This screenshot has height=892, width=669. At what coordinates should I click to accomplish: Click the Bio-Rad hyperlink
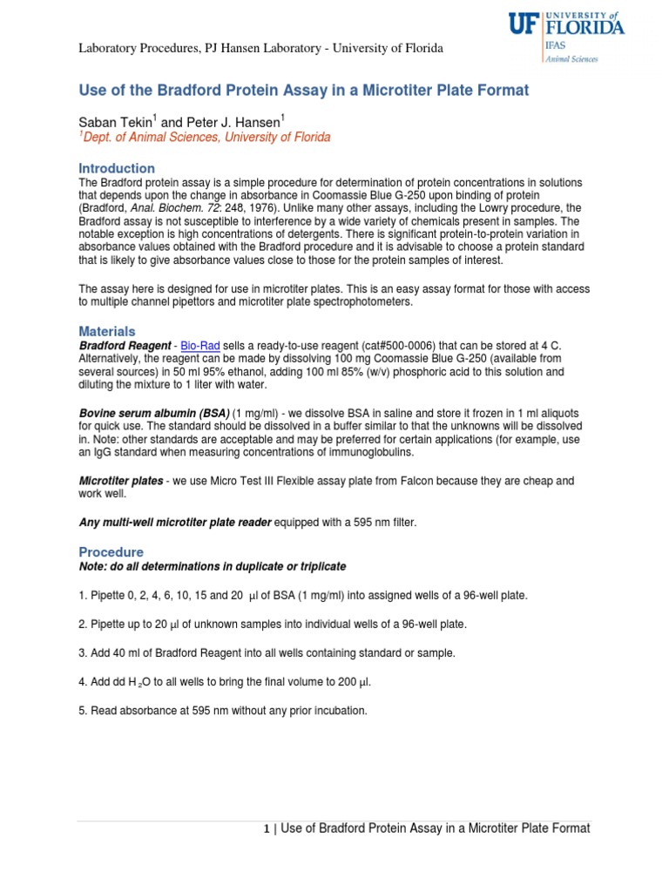coord(199,347)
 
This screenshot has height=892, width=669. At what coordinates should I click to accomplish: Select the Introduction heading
coord(117,168)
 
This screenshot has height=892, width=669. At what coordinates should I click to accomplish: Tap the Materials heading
coord(107,332)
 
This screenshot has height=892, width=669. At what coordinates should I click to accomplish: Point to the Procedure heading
coord(111,552)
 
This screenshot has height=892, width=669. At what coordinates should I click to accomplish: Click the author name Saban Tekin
coord(114,124)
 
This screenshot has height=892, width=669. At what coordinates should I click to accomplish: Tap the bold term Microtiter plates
coord(120,482)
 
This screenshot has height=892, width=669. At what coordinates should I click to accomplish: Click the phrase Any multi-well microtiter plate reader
coord(175,522)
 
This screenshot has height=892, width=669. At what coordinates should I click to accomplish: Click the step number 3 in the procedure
coord(82,652)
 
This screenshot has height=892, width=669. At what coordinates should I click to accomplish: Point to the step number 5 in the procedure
coord(82,711)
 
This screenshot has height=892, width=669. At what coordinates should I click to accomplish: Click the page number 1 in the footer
coord(267,830)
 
